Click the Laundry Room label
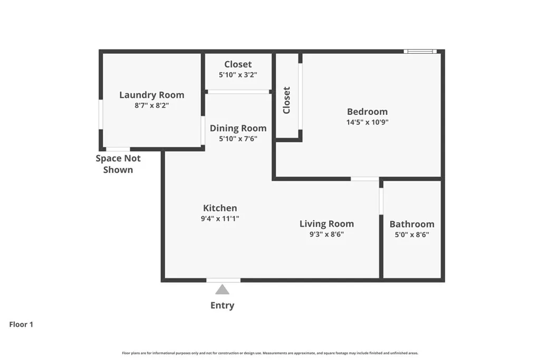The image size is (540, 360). (x=152, y=95)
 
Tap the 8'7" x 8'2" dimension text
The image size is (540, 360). (x=152, y=105)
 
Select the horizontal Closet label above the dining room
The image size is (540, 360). (x=238, y=64)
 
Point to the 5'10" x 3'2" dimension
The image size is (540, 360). (x=238, y=75)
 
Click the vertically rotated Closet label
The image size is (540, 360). (x=286, y=100)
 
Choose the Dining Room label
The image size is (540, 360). (x=238, y=128)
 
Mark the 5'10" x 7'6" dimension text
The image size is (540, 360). (x=238, y=139)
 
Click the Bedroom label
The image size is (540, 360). (x=367, y=111)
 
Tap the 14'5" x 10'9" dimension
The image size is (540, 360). (x=367, y=122)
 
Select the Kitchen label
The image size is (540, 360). (x=220, y=208)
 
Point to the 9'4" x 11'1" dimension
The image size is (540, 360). (x=220, y=218)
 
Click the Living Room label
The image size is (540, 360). (x=326, y=223)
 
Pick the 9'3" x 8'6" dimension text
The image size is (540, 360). (x=326, y=235)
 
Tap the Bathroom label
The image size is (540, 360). (x=412, y=224)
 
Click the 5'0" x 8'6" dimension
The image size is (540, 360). (x=412, y=235)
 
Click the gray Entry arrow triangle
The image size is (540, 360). (x=222, y=289)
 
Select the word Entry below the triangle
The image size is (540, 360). (x=222, y=305)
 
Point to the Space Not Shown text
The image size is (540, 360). (x=118, y=164)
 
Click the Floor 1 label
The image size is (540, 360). (x=21, y=325)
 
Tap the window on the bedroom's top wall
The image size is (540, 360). (x=420, y=51)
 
